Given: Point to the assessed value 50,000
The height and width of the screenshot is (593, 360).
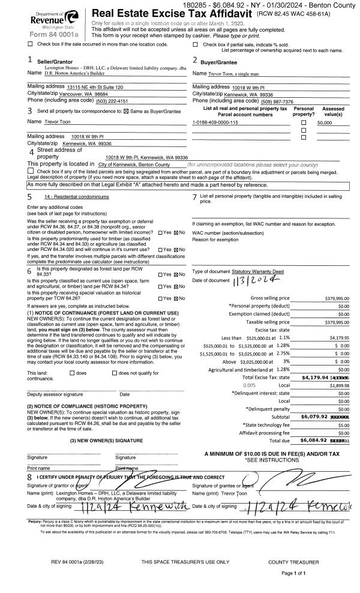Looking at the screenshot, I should [325, 122].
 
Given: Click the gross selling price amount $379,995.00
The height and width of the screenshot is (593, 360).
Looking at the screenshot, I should [337, 298].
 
